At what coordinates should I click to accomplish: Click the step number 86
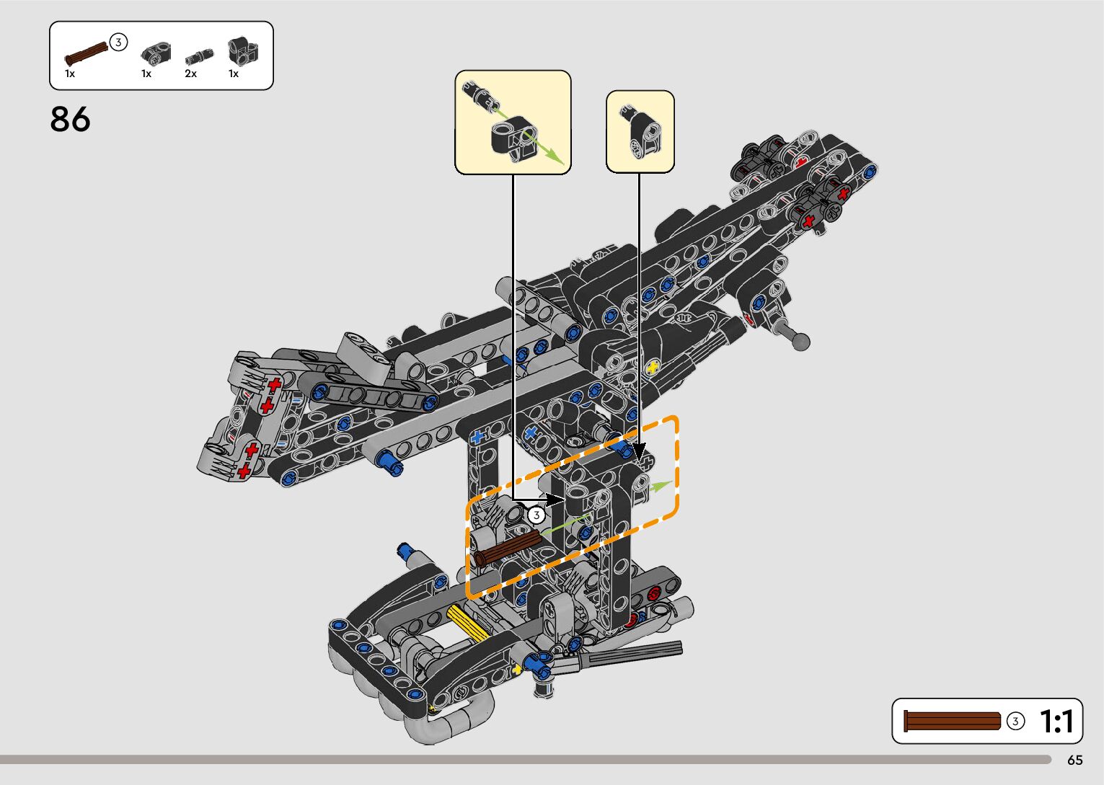[x=70, y=119]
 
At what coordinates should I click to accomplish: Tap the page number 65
[x=1075, y=760]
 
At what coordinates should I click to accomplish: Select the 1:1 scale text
[x=1056, y=722]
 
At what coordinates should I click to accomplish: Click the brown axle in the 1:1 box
[x=952, y=721]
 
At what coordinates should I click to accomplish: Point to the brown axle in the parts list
[x=87, y=54]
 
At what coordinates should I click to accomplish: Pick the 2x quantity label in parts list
[x=191, y=74]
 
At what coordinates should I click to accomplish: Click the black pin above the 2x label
[x=200, y=56]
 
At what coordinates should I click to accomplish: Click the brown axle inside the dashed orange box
[x=508, y=548]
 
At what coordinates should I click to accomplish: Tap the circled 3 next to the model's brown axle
[x=536, y=515]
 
